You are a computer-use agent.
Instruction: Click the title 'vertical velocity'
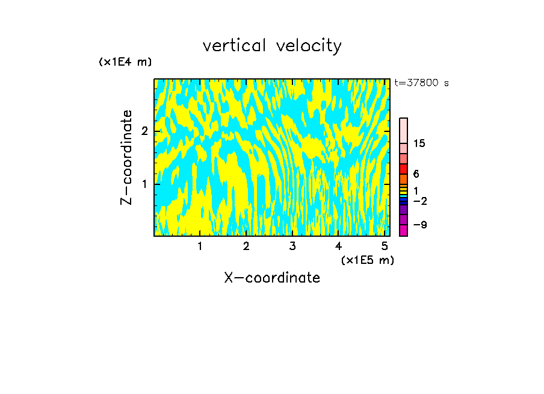click(272, 46)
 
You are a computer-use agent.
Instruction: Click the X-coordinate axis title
click(272, 278)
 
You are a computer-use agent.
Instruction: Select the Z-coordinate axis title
click(126, 157)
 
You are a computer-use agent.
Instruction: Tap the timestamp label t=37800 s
click(421, 83)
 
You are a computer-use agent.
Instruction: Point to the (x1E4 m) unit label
click(125, 62)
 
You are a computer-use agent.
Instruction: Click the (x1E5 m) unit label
click(367, 260)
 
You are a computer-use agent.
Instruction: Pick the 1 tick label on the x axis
click(200, 246)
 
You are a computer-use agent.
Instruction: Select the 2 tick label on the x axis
click(246, 246)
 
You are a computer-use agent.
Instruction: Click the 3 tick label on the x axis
click(292, 246)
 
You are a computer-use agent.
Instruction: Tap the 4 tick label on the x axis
click(339, 246)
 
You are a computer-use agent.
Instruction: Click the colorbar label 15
click(419, 143)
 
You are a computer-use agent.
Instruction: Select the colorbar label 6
click(416, 174)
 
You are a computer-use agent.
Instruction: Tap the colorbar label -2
click(419, 201)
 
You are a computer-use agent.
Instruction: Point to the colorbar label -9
click(419, 225)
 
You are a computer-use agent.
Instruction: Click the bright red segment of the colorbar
click(403, 169)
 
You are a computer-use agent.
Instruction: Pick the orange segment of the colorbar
click(403, 179)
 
